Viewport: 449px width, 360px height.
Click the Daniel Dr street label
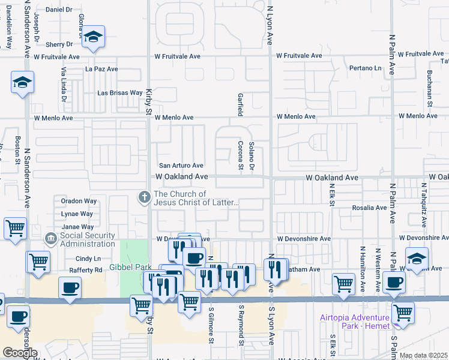point(58,10)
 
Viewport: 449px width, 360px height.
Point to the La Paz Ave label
point(101,69)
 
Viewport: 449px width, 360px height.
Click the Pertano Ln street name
point(366,68)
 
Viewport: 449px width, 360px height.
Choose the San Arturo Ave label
point(181,166)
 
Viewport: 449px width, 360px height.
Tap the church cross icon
point(145,196)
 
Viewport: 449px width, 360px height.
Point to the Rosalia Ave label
point(373,208)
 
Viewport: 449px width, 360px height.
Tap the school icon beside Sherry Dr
point(93,37)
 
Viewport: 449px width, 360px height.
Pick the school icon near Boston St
point(22,82)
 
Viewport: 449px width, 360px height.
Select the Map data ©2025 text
point(423,355)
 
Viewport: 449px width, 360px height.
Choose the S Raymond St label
point(241,325)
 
